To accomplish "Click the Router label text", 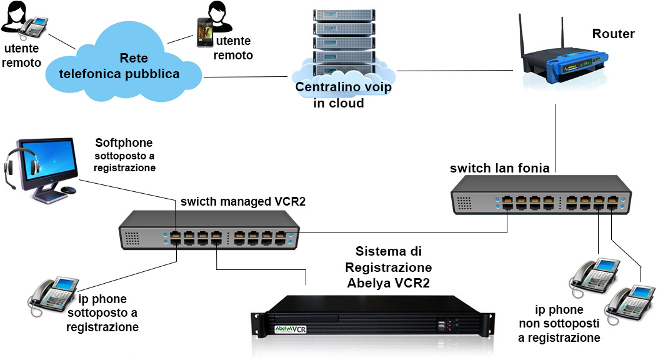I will (x=614, y=34).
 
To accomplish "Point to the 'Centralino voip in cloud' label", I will (x=343, y=95).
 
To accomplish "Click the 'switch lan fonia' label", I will (x=499, y=168).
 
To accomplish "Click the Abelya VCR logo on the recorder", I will (x=291, y=328).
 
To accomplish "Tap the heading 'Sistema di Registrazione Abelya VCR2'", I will (x=389, y=267).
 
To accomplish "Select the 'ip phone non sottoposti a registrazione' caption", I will (x=559, y=324).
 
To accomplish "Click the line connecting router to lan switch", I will (x=556, y=134).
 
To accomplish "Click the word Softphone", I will (x=124, y=143).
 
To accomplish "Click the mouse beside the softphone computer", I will (x=69, y=190).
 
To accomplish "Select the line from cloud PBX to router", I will (x=450, y=71).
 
